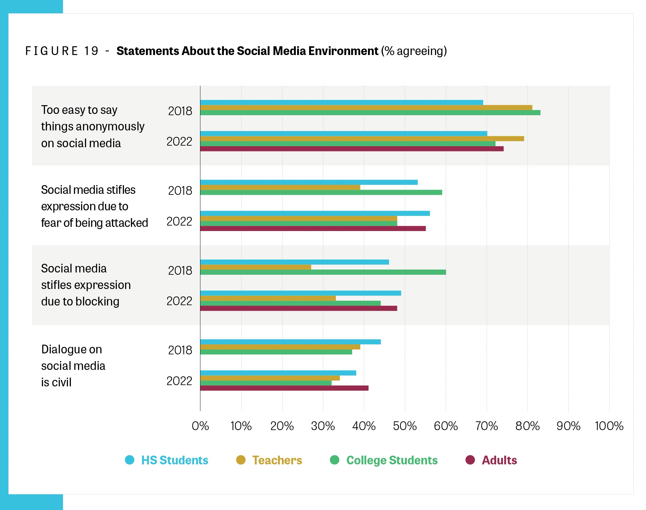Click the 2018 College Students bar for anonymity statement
point(370,113)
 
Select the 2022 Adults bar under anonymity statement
point(352,149)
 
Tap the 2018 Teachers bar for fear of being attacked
point(280,187)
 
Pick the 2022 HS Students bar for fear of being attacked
point(315,213)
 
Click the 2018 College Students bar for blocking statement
point(323,272)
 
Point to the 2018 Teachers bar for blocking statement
point(256,267)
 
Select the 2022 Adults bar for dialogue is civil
point(284,388)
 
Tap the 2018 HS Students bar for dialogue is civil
point(290,342)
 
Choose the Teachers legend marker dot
point(241,460)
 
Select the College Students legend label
point(392,460)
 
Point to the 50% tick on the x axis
point(405,426)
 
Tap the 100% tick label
point(609,426)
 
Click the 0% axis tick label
point(200,426)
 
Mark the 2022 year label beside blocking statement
point(179,301)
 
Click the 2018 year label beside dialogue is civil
point(180,350)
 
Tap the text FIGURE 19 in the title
point(62,51)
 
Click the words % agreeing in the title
point(414,51)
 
